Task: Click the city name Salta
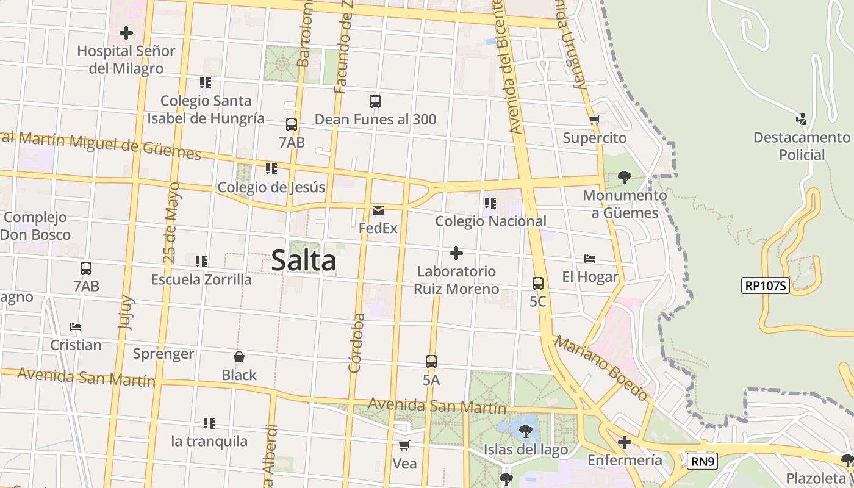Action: tap(303, 260)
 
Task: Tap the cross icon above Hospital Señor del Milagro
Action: tap(126, 32)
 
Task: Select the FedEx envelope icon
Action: tap(378, 210)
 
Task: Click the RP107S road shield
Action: tap(766, 285)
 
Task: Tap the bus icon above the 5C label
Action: tap(537, 283)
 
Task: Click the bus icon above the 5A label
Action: tap(431, 361)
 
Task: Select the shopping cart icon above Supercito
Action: tap(594, 120)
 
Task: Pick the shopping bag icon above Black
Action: tap(239, 357)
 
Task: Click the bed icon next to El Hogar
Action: tap(589, 259)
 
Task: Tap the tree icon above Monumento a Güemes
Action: tap(624, 178)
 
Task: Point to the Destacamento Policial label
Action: tap(802, 146)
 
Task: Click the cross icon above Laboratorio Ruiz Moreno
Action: tap(456, 253)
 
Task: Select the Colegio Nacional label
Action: tap(490, 221)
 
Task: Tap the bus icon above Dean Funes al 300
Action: tap(375, 101)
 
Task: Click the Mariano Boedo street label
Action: tap(601, 368)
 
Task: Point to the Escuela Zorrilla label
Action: tap(201, 279)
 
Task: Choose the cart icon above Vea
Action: tap(404, 445)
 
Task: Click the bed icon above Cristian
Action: tap(76, 327)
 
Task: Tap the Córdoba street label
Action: tap(356, 342)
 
